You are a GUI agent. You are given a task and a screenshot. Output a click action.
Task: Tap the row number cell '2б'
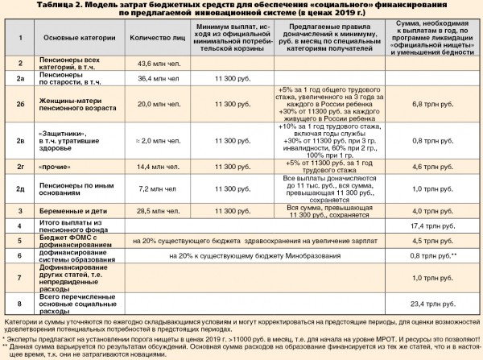point(22,105)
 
